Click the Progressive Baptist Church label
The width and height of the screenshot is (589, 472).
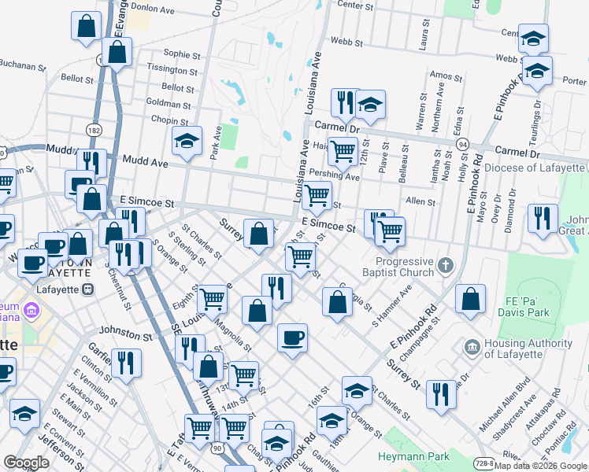point(405,267)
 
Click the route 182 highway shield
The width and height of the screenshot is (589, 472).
point(95,129)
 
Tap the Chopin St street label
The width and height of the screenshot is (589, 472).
point(166,120)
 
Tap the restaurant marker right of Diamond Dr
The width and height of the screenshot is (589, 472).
point(543,219)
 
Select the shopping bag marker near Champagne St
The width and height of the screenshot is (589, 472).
point(470,300)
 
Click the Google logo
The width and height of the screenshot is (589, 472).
point(26,463)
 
